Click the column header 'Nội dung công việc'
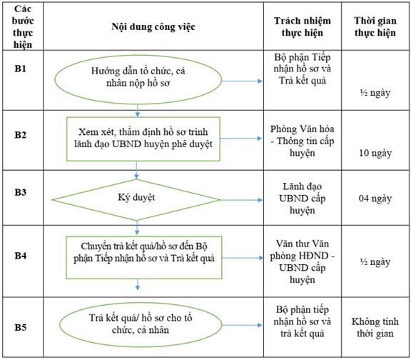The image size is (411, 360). pos(153,26)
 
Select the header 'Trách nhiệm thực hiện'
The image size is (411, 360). pos(303,26)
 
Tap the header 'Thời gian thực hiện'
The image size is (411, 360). pos(375,26)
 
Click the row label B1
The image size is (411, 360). pos(21,69)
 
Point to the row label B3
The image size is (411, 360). pos(21,192)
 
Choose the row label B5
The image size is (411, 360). pos(21,327)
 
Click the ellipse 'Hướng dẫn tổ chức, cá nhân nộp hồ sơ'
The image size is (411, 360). pos(138,80)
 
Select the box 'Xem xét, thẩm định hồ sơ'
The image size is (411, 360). pos(143,139)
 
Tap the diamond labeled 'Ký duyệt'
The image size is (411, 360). pos(136,200)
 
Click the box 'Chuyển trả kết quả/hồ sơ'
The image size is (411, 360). pos(144,258)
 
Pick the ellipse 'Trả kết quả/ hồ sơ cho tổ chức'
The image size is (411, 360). pos(141,324)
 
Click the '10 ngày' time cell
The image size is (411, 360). pos(375,153)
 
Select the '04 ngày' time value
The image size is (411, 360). pos(375,199)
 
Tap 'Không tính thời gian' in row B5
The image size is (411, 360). pos(375,327)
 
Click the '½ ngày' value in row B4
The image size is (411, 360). pos(375,262)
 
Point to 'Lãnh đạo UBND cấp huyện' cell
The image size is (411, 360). pos(303,199)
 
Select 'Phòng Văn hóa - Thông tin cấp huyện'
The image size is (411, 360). pos(303,141)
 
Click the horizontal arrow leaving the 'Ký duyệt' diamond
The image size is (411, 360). pos(241,200)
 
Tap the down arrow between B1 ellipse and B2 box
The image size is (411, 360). pos(138,111)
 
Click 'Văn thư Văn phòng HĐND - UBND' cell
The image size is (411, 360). pos(303,262)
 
